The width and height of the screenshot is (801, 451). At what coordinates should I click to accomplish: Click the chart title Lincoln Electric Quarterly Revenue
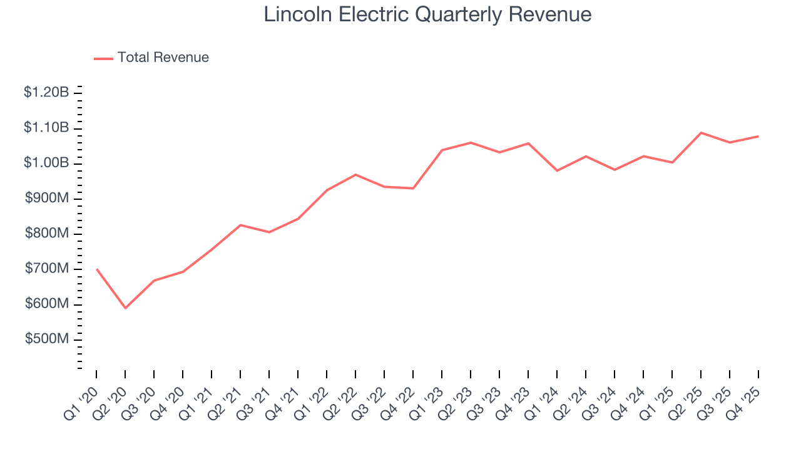click(427, 14)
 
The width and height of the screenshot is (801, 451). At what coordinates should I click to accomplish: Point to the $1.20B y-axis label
click(46, 93)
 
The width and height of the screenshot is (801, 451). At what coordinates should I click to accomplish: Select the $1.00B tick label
click(46, 163)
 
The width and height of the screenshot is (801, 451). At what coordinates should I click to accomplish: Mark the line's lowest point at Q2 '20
click(125, 308)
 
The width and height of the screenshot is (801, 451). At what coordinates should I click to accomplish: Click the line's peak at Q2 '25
click(701, 133)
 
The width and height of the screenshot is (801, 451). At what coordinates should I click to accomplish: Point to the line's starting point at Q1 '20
click(96, 269)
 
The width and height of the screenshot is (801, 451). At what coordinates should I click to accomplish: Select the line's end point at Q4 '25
click(758, 136)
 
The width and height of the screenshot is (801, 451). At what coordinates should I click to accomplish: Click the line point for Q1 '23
click(442, 150)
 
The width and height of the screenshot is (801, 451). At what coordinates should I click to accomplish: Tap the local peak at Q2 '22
click(355, 175)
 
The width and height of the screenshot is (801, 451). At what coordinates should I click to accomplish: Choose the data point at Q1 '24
click(557, 170)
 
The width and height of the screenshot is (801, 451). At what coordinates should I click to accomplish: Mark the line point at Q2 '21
click(240, 225)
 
